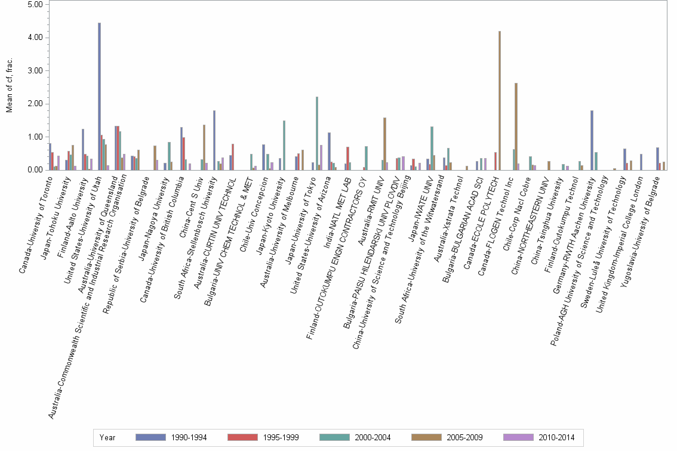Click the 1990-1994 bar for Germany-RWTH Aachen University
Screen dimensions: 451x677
click(x=592, y=140)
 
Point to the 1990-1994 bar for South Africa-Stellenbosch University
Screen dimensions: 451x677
click(x=214, y=140)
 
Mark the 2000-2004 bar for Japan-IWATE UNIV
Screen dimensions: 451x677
click(x=432, y=149)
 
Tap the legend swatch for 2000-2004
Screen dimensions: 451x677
click(x=334, y=438)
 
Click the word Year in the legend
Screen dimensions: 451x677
click(x=108, y=438)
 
